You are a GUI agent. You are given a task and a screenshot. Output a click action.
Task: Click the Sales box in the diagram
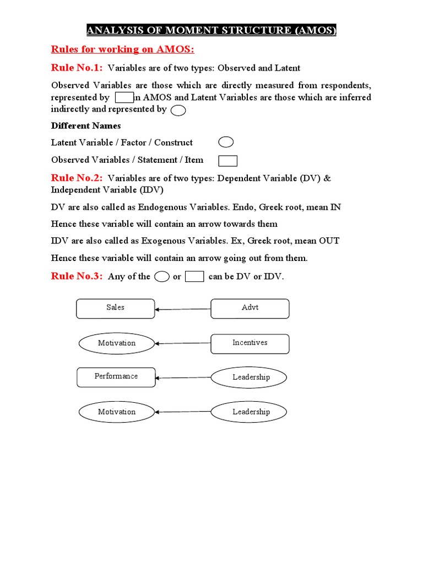coord(116,308)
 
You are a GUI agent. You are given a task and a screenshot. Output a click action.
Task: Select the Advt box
coord(250,308)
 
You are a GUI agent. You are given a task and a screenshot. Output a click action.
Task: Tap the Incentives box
coord(250,343)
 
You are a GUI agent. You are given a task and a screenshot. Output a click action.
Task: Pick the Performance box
coord(116,377)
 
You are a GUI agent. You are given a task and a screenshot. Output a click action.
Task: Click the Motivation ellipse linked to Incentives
coord(116,343)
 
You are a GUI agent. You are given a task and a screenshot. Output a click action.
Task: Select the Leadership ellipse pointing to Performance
coord(251,377)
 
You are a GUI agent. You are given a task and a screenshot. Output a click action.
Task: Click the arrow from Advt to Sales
coord(183,309)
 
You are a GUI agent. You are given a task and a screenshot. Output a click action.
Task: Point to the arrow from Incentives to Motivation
coord(183,343)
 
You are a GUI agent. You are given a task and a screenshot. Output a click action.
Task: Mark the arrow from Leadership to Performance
coord(183,378)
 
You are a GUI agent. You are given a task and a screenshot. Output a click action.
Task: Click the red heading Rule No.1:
coord(77,68)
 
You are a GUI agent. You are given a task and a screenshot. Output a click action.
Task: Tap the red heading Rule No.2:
coord(77,178)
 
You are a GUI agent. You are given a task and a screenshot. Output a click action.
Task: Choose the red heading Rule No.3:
coord(77,276)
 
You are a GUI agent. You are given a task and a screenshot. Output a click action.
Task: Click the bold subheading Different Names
coord(86,126)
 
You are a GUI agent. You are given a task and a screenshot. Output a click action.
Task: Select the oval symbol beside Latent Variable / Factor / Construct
coord(226,143)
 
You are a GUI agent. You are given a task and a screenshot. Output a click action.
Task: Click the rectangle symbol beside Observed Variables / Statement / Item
coord(227,161)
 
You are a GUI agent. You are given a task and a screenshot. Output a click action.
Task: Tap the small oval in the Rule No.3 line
coord(161,277)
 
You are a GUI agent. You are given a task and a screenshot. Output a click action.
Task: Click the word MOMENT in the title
coord(172,30)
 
